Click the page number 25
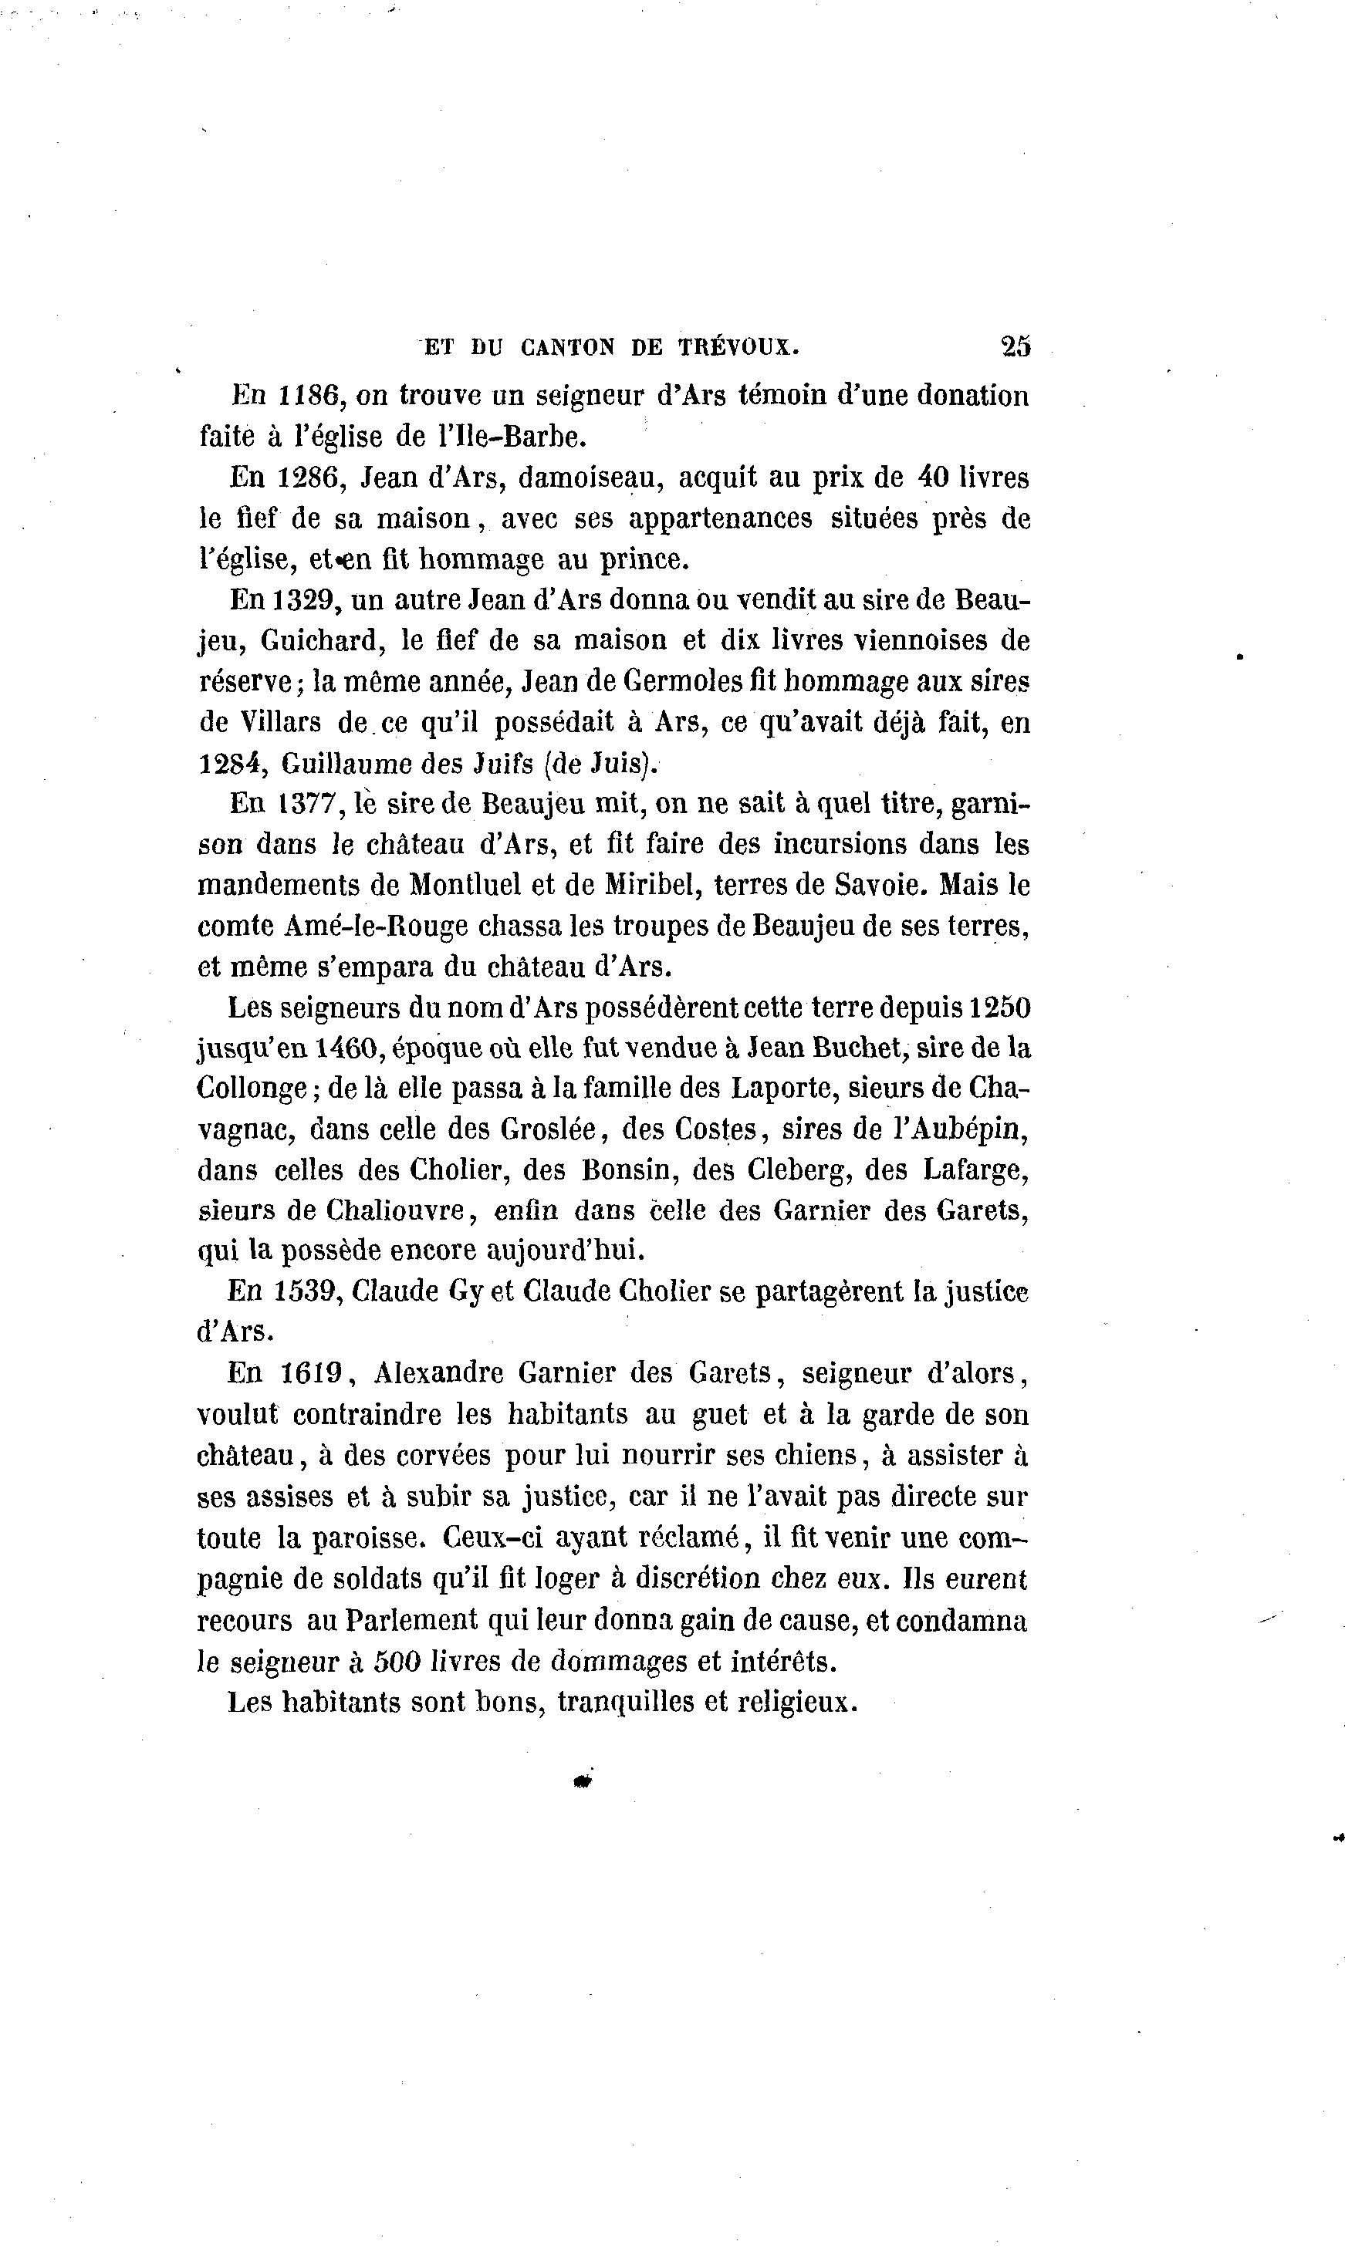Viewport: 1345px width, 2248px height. [1015, 346]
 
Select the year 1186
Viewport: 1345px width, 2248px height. [308, 396]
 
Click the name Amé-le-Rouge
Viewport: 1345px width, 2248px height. [376, 926]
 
